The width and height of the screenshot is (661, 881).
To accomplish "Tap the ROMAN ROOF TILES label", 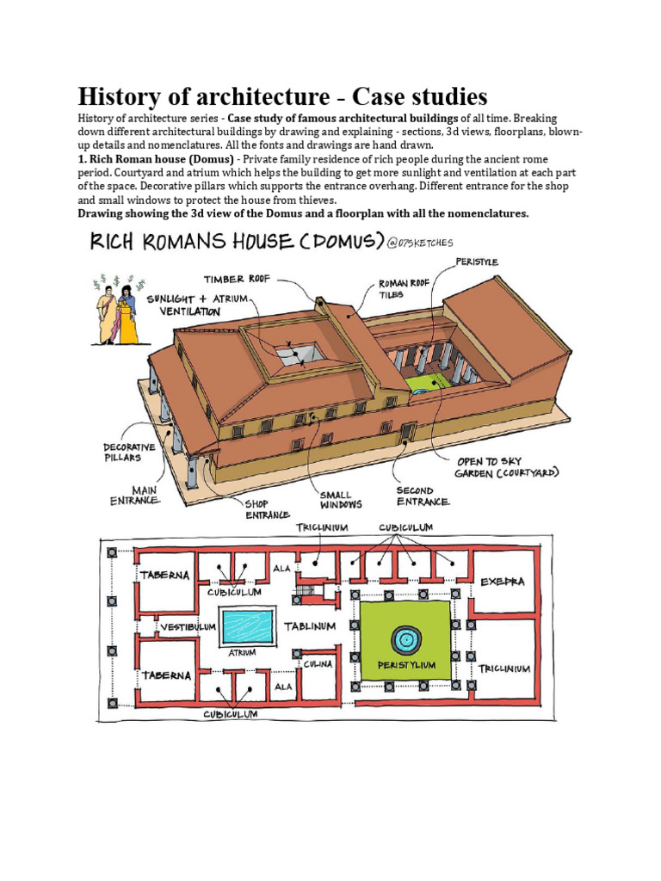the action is (x=405, y=288).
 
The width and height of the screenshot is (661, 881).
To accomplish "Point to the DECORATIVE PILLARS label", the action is (x=129, y=453).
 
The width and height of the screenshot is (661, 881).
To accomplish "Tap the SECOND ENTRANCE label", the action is (x=423, y=496).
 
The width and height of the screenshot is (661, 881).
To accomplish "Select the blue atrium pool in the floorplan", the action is (x=248, y=626).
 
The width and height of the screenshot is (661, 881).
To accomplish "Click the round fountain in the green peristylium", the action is (x=405, y=639).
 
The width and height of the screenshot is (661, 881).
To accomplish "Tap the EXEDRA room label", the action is (x=502, y=582).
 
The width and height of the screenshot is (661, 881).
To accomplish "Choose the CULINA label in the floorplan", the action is (x=315, y=664).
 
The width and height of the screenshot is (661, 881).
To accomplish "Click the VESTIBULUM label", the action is (x=186, y=627).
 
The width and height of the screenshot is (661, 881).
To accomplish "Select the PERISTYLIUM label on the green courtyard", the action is (x=406, y=665).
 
